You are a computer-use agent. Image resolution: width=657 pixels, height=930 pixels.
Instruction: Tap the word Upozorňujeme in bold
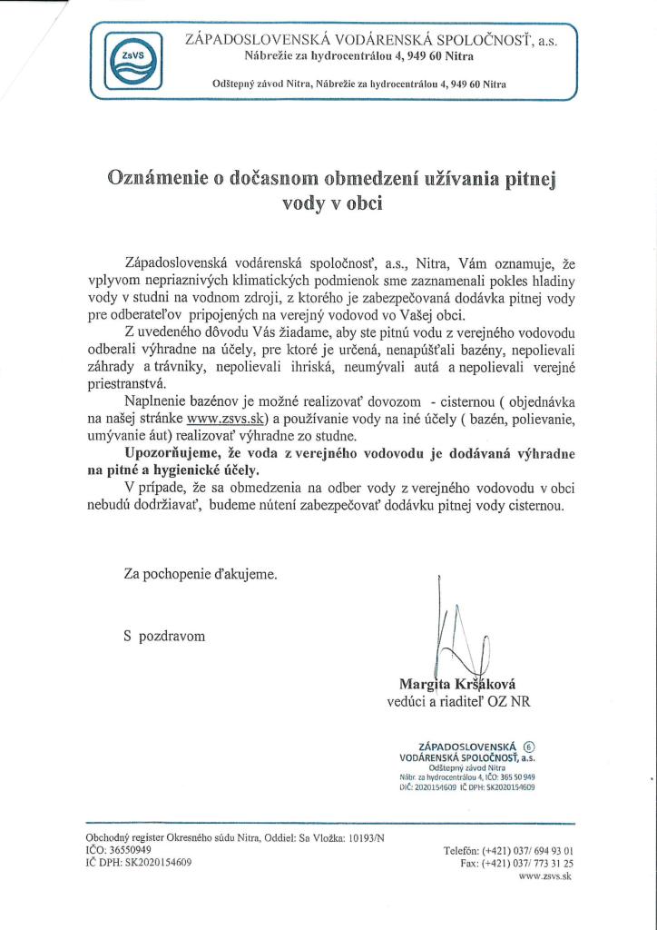click(169, 453)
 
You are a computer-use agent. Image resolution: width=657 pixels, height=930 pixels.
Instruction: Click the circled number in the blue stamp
click(543, 746)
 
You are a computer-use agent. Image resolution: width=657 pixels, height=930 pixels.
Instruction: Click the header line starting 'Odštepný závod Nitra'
click(358, 84)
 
